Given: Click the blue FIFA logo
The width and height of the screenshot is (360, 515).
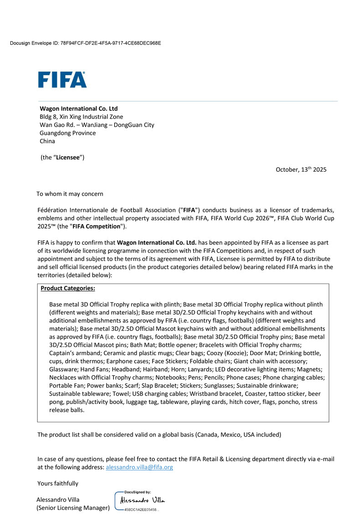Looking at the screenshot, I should [x=62, y=80].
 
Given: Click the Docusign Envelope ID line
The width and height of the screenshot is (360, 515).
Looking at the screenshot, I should [x=85, y=43].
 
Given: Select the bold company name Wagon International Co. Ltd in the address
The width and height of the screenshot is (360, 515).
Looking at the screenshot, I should [x=79, y=108].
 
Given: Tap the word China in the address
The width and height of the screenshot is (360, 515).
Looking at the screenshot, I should [x=47, y=141].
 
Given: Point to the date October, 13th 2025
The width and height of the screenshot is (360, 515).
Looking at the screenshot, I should [x=301, y=169].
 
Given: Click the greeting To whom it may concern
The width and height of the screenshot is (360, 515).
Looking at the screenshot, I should [x=70, y=194].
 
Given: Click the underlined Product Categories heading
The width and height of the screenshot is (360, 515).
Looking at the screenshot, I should [x=68, y=288].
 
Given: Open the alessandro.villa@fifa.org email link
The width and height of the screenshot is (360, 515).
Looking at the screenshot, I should [x=139, y=467].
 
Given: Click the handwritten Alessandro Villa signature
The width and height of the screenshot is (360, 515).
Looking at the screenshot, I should [x=142, y=501].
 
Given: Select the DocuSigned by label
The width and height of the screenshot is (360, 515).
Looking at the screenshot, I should [x=138, y=492].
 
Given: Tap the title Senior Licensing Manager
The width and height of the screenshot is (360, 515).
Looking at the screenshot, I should [x=73, y=508].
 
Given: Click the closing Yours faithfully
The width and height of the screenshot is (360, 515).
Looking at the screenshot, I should [x=58, y=483].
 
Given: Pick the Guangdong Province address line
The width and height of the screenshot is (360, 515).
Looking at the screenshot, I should [x=68, y=133].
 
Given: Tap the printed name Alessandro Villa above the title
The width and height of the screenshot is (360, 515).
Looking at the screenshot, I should [x=58, y=500].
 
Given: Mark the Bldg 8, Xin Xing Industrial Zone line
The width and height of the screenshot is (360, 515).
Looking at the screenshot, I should [x=82, y=117].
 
